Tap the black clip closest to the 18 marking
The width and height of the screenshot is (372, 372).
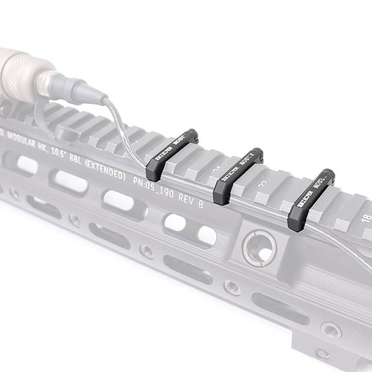[311, 200]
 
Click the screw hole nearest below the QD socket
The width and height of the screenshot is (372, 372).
[232, 287]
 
